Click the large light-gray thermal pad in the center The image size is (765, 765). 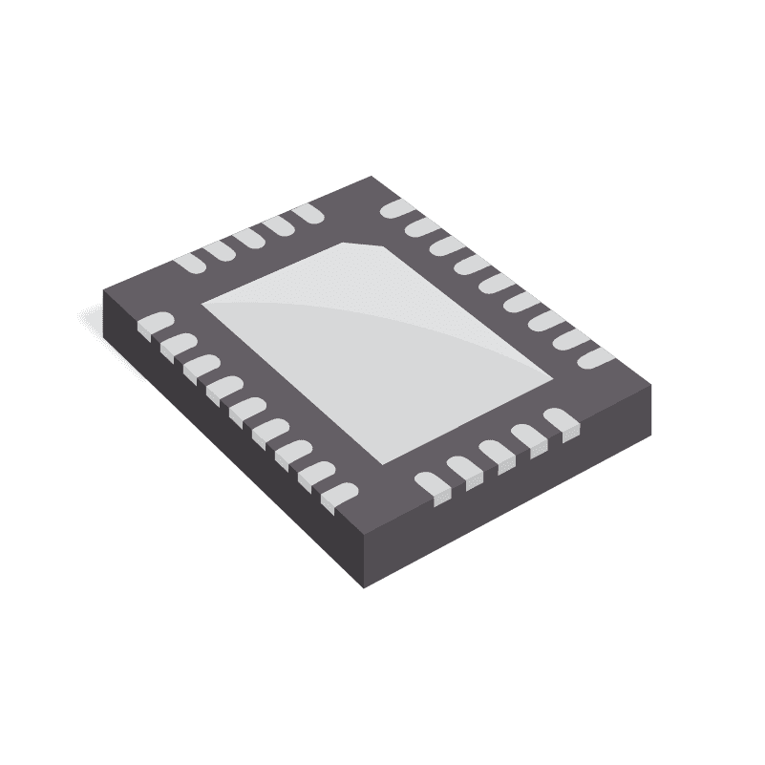(377, 353)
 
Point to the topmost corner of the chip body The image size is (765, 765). (372, 178)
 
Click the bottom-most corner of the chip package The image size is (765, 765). (364, 586)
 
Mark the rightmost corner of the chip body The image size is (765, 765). (652, 382)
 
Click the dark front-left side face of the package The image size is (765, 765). (229, 449)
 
